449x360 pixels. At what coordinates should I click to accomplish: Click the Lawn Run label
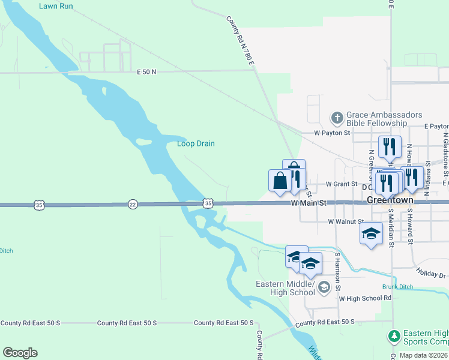coord(56,7)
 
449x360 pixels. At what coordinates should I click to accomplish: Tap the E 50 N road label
coord(146,72)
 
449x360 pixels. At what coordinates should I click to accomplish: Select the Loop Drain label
coord(196,144)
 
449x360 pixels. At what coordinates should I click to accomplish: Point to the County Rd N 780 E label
coord(241,42)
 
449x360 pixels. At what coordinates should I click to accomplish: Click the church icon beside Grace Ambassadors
coord(337,118)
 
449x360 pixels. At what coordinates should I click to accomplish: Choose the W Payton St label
coord(332,133)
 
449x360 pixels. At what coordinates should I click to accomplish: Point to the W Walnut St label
coord(346,221)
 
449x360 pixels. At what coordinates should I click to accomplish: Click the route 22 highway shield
coord(133,205)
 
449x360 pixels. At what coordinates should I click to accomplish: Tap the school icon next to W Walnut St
coord(372,234)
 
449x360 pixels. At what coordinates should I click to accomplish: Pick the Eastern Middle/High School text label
coord(285,288)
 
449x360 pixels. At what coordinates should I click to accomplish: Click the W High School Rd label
coord(365,298)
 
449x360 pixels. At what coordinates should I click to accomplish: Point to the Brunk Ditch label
coord(397,287)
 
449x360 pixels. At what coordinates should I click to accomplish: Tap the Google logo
coord(20,353)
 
